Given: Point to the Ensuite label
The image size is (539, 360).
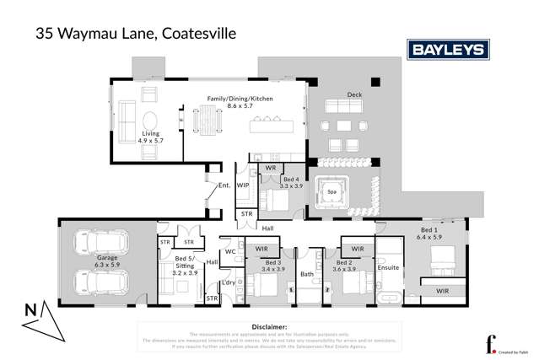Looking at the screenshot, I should tap(389, 268).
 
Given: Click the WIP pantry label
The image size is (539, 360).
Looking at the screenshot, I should tap(243, 184).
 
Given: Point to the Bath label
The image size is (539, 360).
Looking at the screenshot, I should tap(307, 274).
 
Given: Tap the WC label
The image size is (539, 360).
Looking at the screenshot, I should tap(229, 252).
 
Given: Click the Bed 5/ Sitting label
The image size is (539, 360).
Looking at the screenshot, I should tap(183, 264).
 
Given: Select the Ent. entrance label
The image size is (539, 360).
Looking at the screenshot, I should tap(224, 185).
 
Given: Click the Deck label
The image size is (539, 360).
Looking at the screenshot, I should tap(354, 95).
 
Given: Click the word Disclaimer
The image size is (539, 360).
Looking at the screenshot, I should tap(269, 325).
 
